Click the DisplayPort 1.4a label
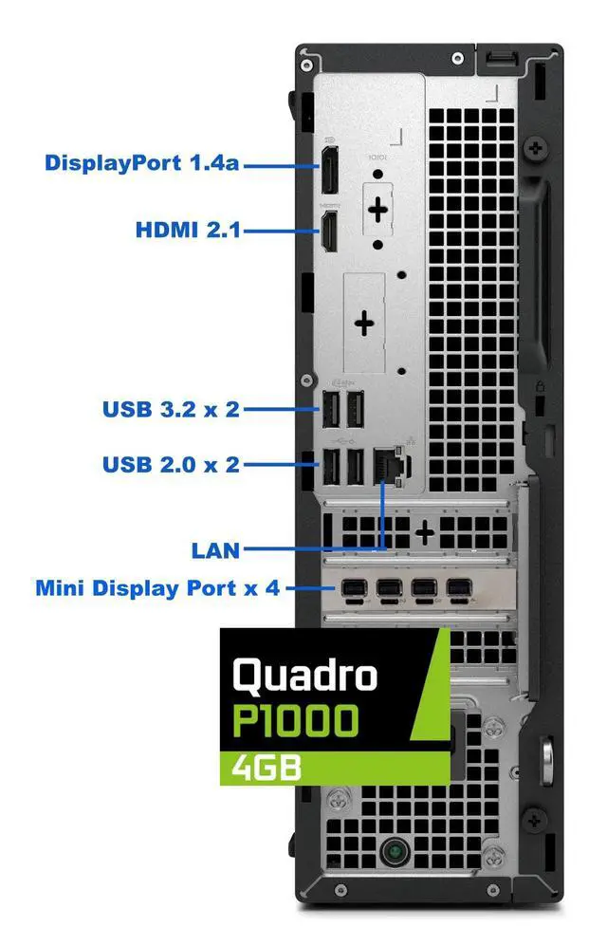[142, 163]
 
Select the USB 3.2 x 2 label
[171, 410]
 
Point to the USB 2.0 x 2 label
[171, 465]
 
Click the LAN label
[215, 548]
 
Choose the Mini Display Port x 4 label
[157, 588]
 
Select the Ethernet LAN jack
[387, 463]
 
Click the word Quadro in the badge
[305, 675]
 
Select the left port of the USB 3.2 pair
[329, 411]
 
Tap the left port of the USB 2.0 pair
[329, 466]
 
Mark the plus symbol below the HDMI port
[365, 324]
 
